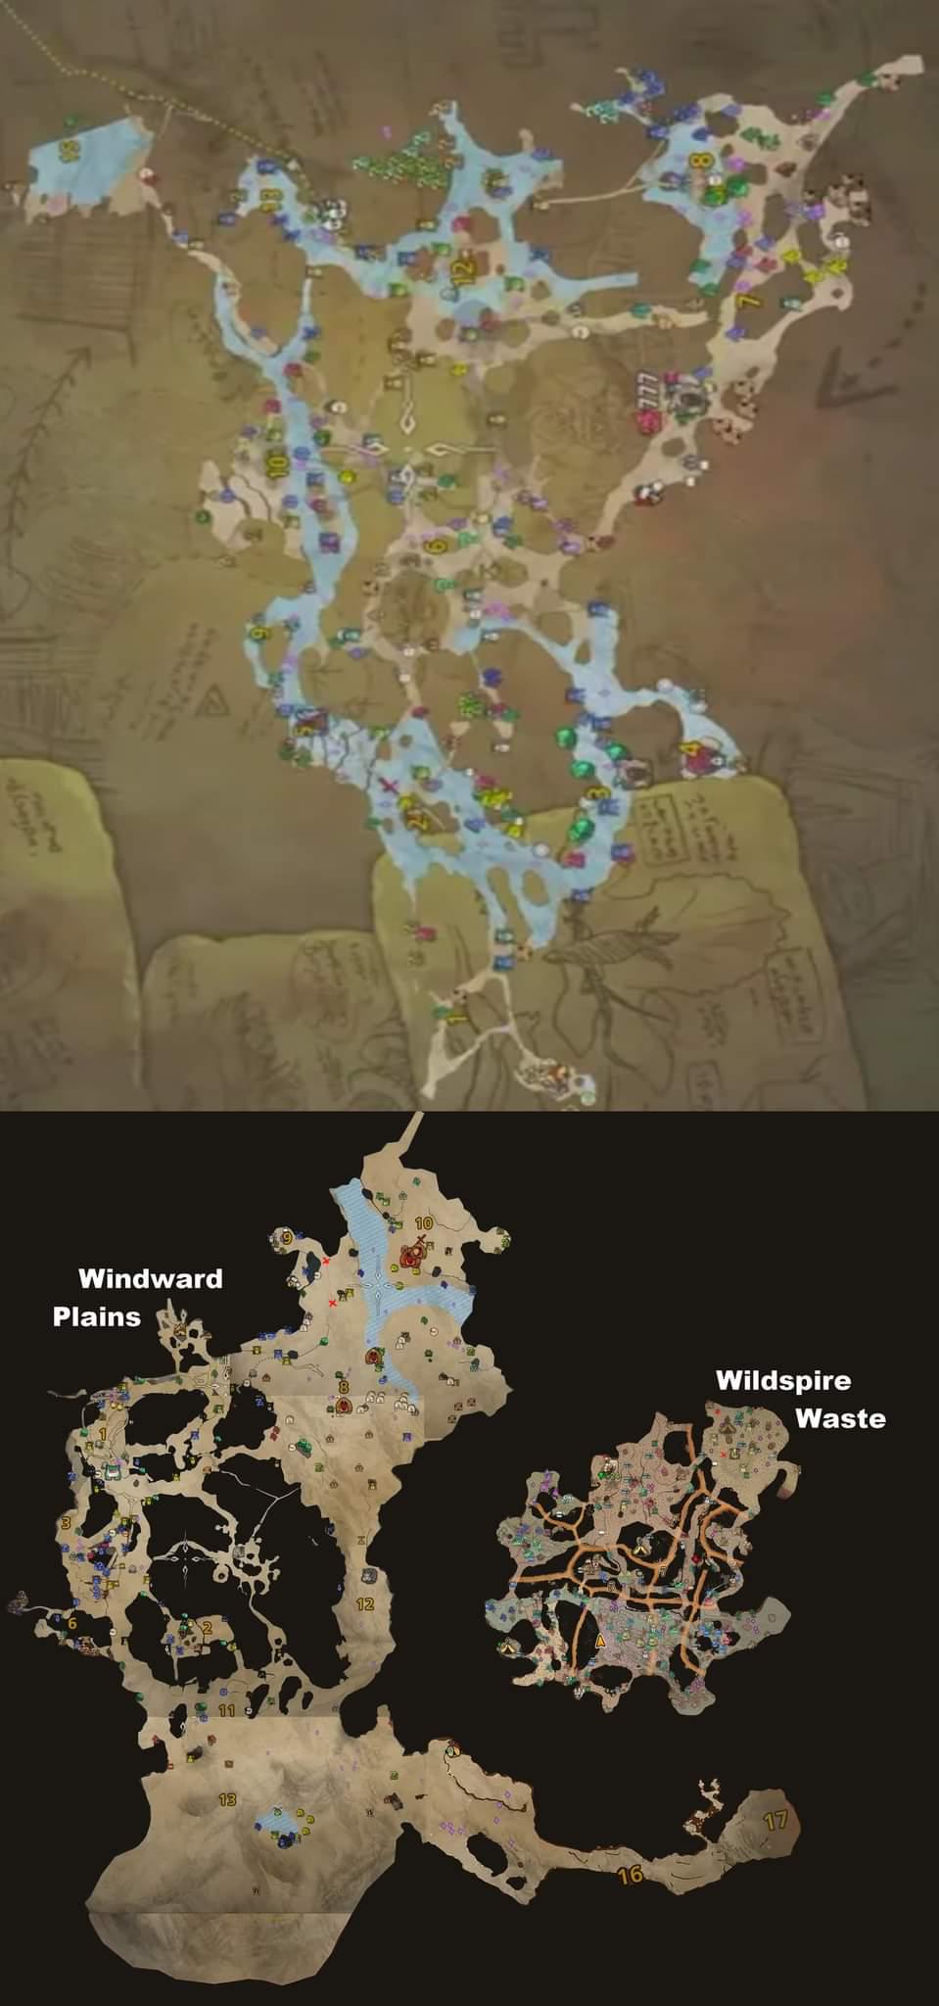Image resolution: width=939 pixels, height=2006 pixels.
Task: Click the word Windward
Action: pos(150,1277)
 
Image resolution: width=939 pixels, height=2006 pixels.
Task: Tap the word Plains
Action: pos(97,1314)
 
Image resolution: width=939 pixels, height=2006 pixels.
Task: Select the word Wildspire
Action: pos(783,1380)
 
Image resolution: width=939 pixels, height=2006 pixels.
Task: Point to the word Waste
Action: pos(840,1417)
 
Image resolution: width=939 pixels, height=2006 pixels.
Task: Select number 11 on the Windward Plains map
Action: pos(227,1711)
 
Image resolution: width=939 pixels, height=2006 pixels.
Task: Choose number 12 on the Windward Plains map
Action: pos(365,1603)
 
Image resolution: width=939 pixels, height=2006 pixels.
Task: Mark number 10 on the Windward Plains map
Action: pos(424,1222)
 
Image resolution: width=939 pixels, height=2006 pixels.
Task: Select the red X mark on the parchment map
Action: pos(390,787)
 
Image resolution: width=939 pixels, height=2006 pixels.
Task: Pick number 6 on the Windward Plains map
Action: pos(71,1620)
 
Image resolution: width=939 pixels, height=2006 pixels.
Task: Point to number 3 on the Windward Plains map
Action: pos(66,1522)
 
